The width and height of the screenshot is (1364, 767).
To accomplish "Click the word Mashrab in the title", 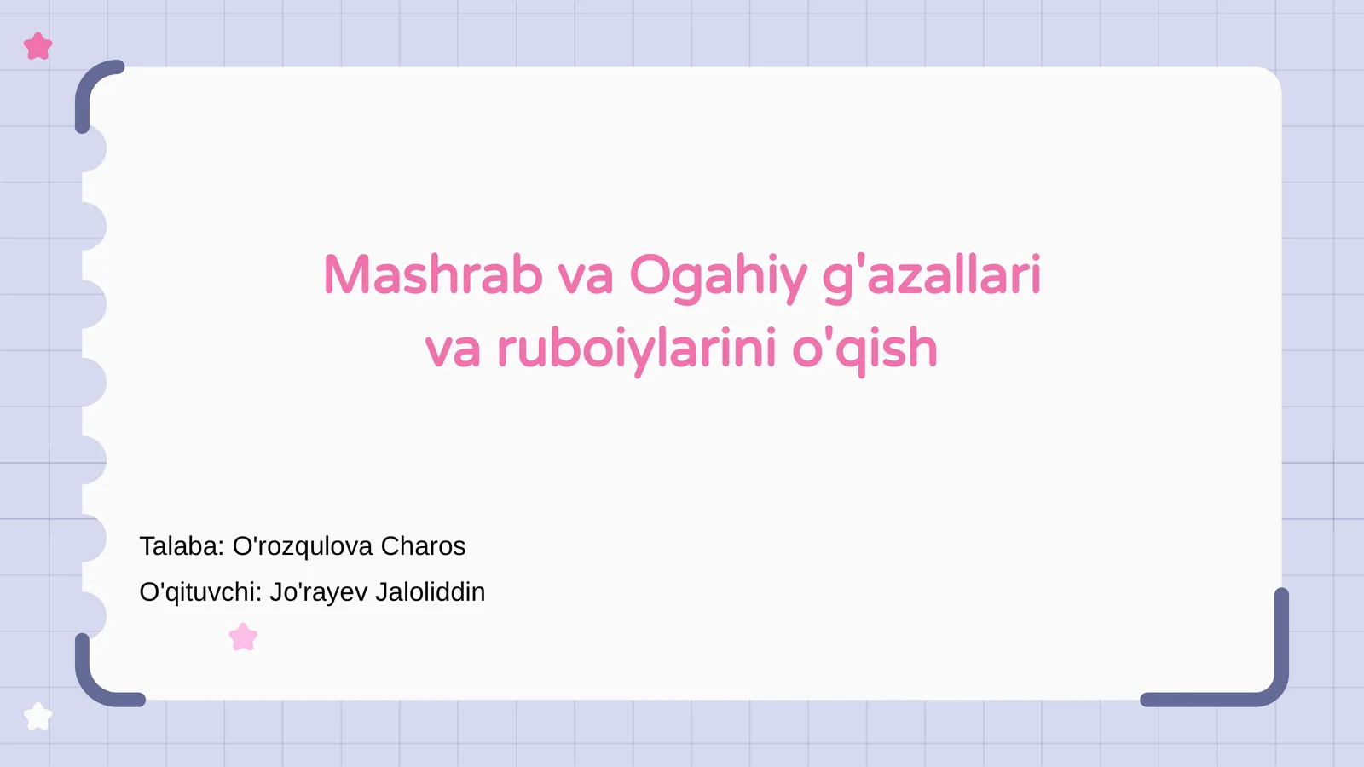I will coord(432,276).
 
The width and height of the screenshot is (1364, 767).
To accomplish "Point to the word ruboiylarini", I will coord(636,349).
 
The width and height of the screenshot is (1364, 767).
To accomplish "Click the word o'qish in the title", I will coord(864,349).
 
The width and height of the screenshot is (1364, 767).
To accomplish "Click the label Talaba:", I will coord(182,546).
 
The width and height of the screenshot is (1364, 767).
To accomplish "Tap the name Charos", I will coord(423,546).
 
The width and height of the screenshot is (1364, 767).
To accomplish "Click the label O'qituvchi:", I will coord(200,592).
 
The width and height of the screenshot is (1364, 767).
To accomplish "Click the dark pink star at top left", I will coord(38,46).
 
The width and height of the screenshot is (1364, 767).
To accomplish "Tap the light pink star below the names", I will coord(243,637).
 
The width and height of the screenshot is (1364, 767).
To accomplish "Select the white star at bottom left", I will coord(38,717).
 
